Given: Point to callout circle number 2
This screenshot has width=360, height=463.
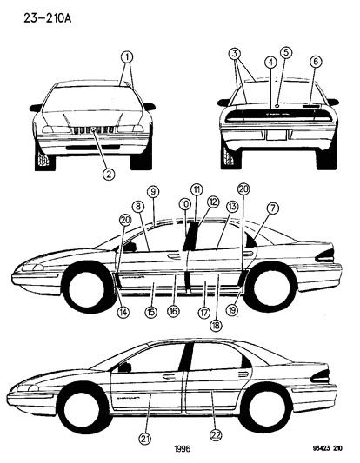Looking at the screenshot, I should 109,174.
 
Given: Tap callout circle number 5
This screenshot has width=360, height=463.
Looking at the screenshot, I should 286,52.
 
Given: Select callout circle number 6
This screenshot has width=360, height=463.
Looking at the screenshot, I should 315,61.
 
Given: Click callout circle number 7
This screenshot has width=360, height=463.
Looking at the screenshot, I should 273,208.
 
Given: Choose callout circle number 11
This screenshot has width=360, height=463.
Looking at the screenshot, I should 197,189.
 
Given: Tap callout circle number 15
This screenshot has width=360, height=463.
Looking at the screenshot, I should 150,310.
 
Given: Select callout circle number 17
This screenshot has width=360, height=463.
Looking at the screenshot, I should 205,312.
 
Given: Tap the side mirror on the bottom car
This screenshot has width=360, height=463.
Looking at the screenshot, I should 125,367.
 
